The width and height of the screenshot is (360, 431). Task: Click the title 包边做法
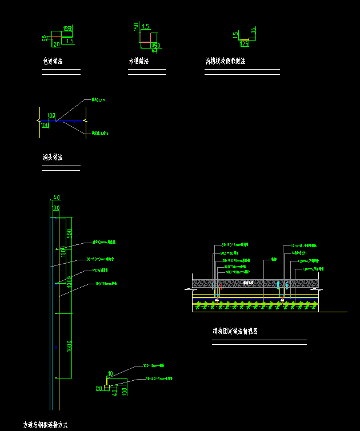click(x=53, y=61)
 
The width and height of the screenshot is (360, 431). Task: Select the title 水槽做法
click(x=138, y=61)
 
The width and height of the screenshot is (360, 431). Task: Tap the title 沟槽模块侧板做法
click(x=226, y=61)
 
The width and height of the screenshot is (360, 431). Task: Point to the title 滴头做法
click(x=53, y=157)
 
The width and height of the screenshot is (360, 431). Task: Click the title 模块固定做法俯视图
click(x=235, y=331)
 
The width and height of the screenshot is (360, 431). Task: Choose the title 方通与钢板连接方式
click(x=45, y=425)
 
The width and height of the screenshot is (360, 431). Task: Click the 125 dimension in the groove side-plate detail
click(x=244, y=43)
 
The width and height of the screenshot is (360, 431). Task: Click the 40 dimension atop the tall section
click(x=56, y=198)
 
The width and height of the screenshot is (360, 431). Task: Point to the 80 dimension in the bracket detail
click(x=99, y=389)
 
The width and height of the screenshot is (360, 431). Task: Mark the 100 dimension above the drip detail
click(x=51, y=115)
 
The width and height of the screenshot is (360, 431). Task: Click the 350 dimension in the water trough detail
click(x=155, y=46)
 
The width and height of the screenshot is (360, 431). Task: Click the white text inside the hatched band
click(x=247, y=283)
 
